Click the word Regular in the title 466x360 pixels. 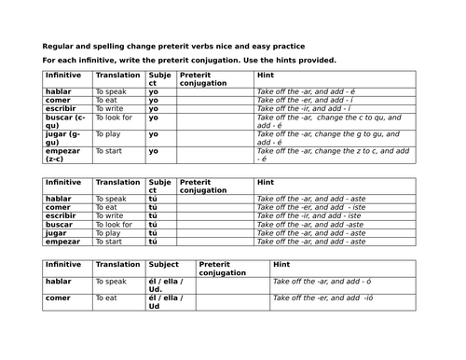coord(60,46)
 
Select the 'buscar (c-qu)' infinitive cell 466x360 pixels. coord(66,122)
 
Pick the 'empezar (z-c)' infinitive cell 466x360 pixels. coord(66,155)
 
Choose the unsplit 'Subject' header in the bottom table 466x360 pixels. coord(162,265)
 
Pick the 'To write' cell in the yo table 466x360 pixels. coord(110,109)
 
